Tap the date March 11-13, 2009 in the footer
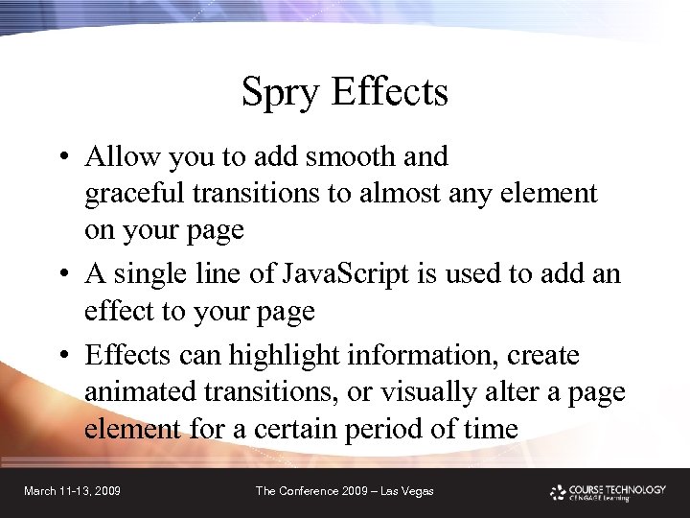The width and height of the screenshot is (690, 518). point(72,491)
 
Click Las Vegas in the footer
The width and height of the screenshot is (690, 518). point(406,491)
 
